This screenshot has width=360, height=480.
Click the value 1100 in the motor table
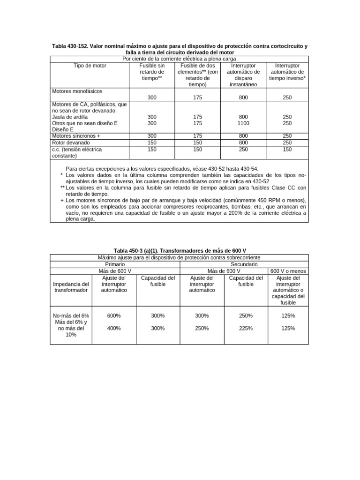pos(243,123)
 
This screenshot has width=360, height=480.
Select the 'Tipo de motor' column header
pos(90,66)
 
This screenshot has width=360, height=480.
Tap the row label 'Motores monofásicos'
pos(77,91)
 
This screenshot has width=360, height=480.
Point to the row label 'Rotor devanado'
pos(71,142)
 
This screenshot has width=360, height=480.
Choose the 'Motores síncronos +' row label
pos(76,136)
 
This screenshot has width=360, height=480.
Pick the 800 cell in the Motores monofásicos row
pos(243,98)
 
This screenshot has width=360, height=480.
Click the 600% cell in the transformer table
pos(114,316)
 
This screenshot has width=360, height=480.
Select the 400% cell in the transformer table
pos(114,328)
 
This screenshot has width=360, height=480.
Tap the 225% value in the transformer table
pos(246,328)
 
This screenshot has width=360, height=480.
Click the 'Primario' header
pos(115,264)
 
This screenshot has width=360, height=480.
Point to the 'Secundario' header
pos(244,264)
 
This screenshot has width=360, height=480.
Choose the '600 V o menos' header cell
pos(288,271)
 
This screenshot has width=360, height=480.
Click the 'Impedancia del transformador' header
pos(71,287)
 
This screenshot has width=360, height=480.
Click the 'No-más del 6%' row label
pos(71,316)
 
